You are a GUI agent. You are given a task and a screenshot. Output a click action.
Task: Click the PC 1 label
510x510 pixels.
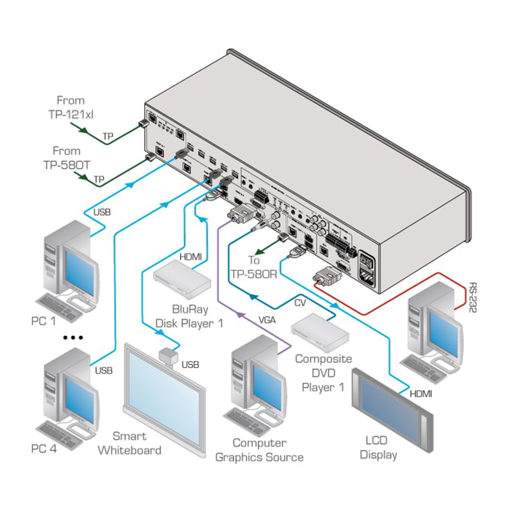[x=43, y=321]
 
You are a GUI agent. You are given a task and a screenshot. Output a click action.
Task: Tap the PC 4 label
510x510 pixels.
[x=44, y=448]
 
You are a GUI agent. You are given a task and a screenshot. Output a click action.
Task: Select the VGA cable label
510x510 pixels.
[x=266, y=320]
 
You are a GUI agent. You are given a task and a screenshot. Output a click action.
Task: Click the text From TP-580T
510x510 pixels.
[x=67, y=158]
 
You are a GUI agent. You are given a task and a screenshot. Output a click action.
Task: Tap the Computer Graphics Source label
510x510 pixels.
[x=259, y=450]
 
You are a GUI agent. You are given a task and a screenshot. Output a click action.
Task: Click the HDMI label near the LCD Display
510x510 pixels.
[x=421, y=394]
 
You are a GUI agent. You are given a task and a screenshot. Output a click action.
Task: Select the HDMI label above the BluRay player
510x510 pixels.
[x=190, y=256]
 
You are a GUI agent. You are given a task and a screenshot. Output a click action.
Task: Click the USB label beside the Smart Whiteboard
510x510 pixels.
[x=190, y=365]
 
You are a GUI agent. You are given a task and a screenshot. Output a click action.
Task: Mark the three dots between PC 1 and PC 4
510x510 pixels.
[x=73, y=338]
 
